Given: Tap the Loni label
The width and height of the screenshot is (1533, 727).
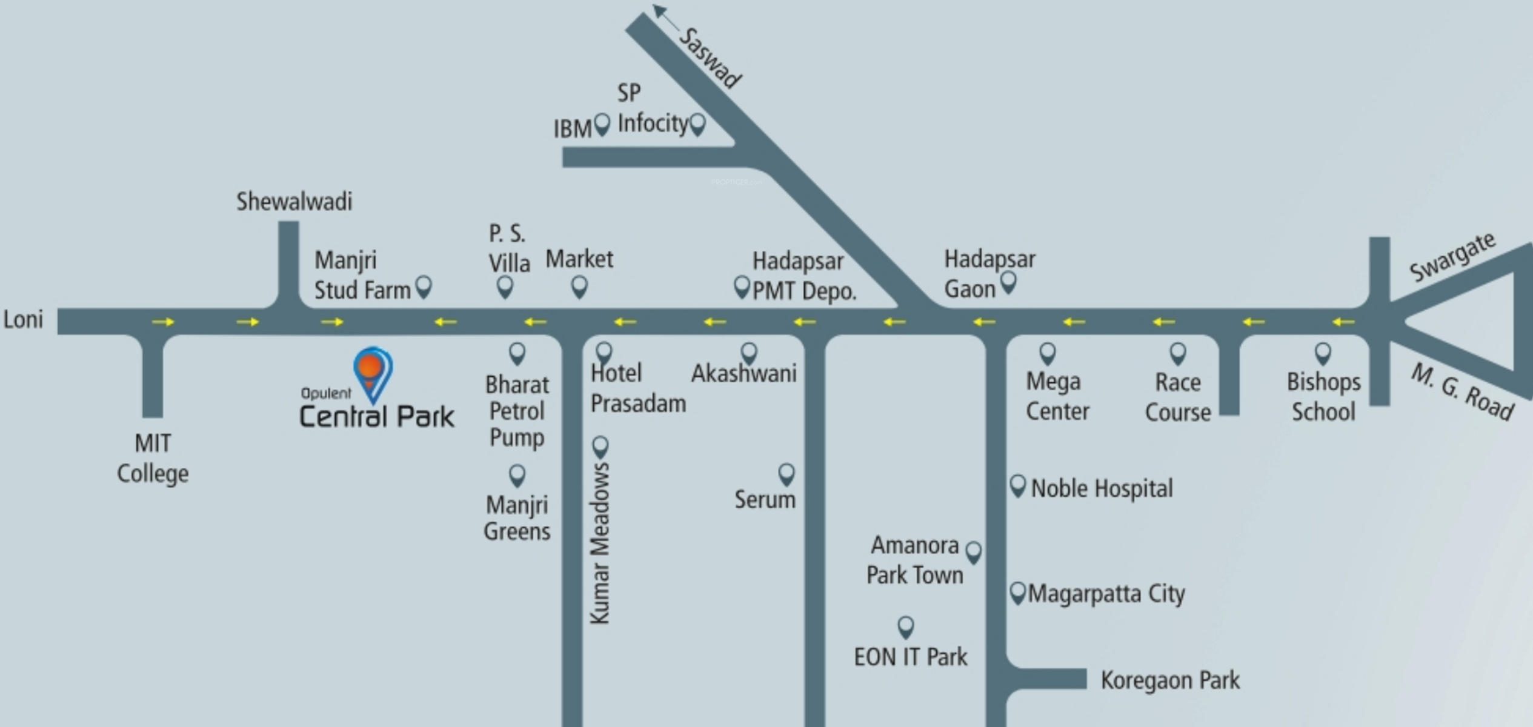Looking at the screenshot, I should pos(23,319).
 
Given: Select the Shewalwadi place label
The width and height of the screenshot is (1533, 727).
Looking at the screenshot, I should pos(294,202).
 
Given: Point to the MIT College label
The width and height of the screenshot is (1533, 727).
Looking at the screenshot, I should pos(153,458).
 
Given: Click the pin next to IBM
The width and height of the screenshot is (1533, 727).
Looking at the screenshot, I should pos(602,124).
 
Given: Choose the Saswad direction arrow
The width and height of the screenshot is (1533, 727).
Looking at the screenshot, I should pos(664,17).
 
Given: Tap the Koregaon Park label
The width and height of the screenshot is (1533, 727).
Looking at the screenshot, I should pos(1170,680).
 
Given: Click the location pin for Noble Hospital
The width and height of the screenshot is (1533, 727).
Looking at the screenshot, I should pos(1018,485).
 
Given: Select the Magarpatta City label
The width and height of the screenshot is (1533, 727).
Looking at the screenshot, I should pos(1106,594).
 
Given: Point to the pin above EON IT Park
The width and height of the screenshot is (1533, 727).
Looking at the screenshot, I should pos(905,626).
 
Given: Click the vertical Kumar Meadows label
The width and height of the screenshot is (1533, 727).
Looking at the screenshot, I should pos(600,542).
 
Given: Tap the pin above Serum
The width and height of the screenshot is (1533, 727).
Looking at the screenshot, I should pos(786,473).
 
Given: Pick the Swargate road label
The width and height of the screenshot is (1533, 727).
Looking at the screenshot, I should pos(1452,257).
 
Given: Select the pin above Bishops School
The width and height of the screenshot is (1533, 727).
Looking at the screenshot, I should pos(1323,353).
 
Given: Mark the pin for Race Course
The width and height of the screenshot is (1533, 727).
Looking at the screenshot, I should pos(1177,353).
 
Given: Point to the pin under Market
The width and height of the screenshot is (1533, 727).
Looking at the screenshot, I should pos(579,285).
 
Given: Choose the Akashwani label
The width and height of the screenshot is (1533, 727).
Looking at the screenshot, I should pos(743,373).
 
